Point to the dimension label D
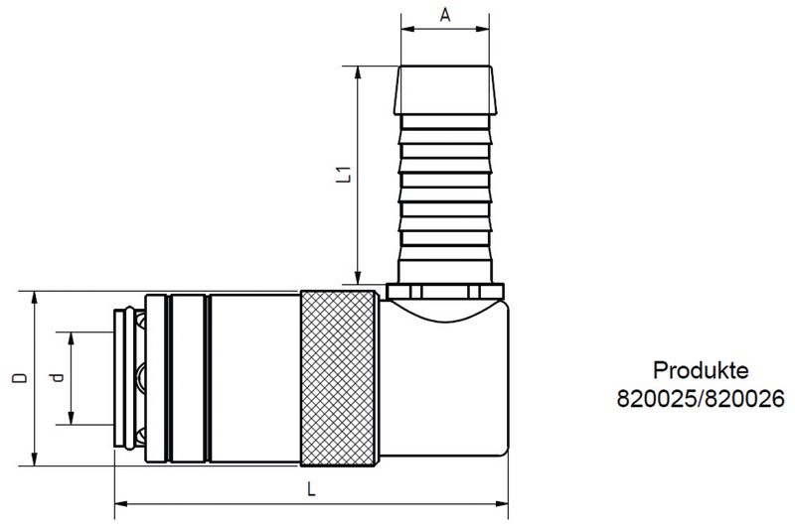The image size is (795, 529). tap(18, 378)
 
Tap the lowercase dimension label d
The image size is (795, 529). tap(57, 378)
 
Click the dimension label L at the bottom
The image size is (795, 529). tap(311, 489)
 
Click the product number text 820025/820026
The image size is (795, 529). tap(701, 398)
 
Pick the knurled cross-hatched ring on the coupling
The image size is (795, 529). tap(339, 378)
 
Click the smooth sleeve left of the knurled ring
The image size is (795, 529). tap(254, 378)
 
